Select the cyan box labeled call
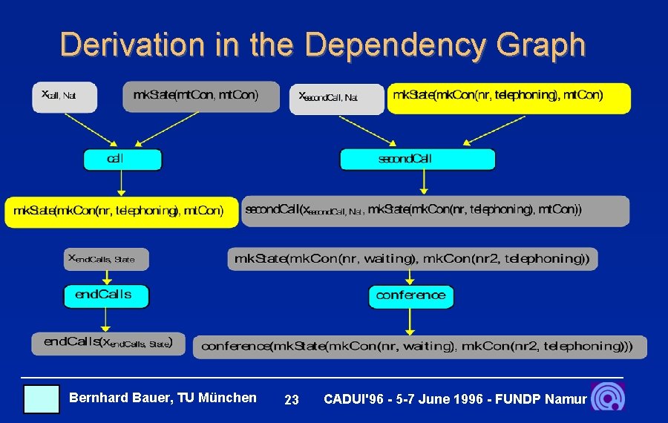coord(122,160)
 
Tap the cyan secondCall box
coord(417,160)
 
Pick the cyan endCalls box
coord(106,295)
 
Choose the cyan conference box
coord(411,296)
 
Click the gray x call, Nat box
coord(64,96)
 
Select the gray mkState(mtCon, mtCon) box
coord(196,96)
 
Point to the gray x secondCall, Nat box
coord(336,99)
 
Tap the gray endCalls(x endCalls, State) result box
coord(108,343)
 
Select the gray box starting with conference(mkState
coord(419,347)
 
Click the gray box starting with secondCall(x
coord(435,211)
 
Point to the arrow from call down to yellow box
coord(121,183)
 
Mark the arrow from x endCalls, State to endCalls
coord(105,277)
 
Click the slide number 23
coord(292,400)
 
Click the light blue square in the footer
coord(41,399)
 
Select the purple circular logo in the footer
coord(608,397)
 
